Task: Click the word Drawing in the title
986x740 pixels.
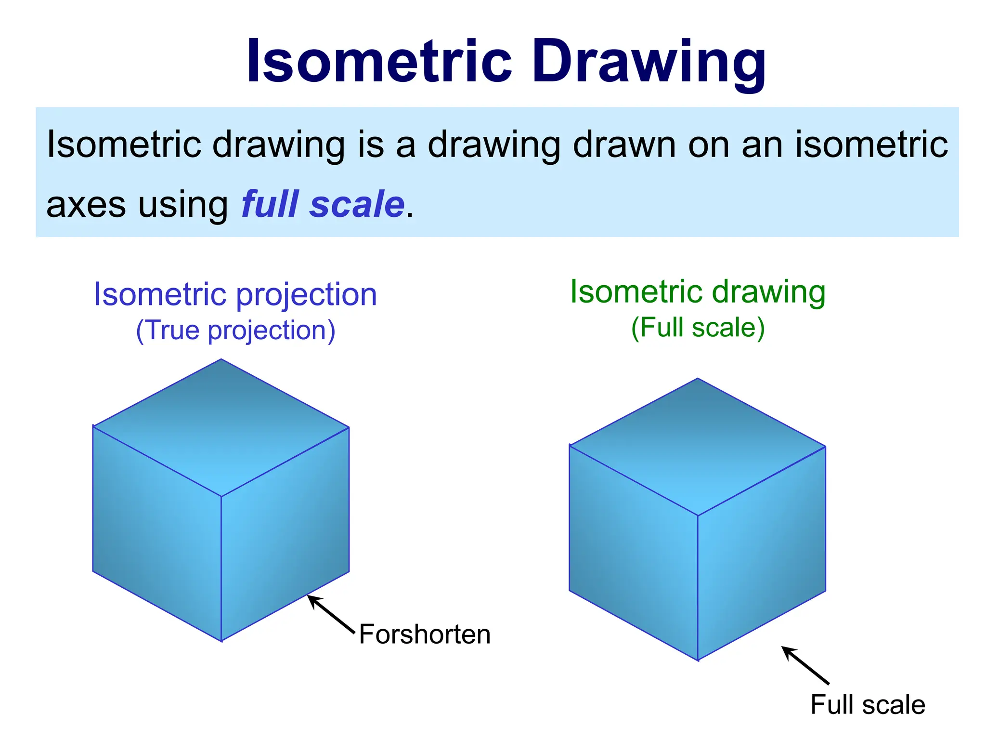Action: (649, 63)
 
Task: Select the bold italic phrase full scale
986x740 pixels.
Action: (323, 204)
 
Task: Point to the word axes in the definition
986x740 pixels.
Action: (86, 205)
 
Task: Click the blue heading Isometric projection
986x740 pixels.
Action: (235, 294)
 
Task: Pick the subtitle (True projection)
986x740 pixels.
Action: (235, 330)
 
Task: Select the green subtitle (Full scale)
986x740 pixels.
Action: (698, 328)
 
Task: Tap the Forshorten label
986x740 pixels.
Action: (425, 634)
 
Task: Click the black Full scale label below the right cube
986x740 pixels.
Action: (868, 705)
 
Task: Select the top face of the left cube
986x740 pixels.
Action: (221, 427)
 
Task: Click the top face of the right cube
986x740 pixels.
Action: (698, 447)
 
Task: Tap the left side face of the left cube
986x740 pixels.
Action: (157, 534)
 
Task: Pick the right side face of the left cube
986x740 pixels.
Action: (285, 534)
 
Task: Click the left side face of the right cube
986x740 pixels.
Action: (634, 553)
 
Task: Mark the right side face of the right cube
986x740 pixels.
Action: (762, 553)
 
